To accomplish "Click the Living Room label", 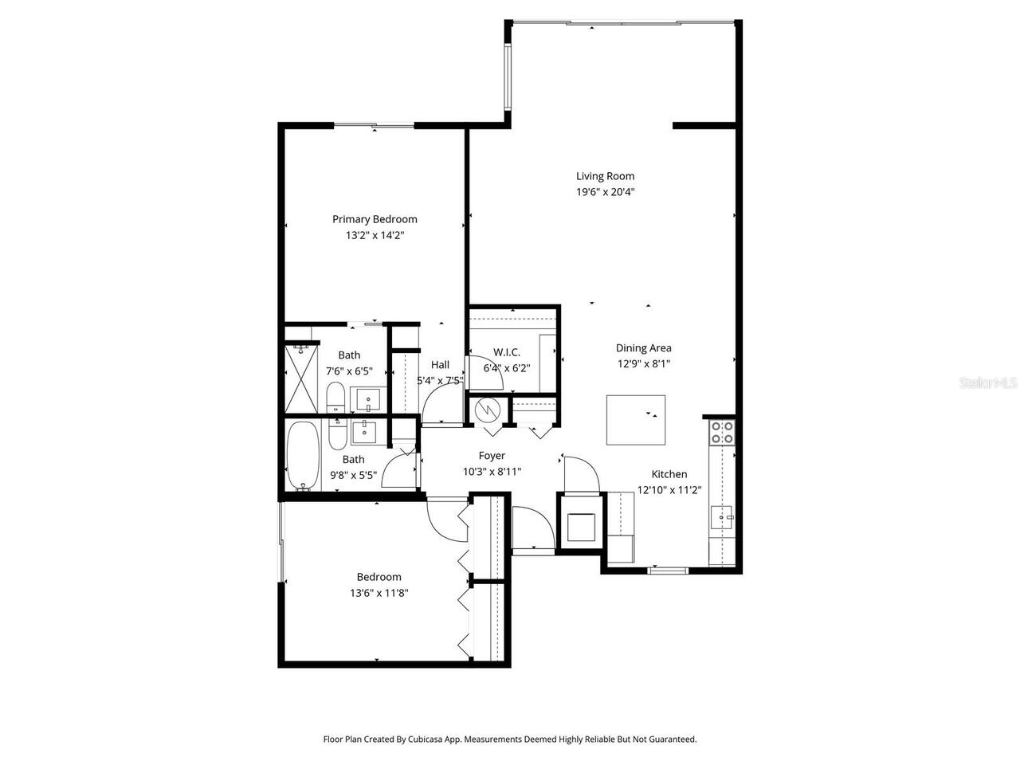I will (606, 176).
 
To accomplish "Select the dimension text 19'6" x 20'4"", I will (606, 192).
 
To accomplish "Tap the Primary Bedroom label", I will (375, 219).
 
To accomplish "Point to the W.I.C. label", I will (507, 352).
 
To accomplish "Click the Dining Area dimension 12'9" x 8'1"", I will (643, 363).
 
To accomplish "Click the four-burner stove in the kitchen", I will (722, 432).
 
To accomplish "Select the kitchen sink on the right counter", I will (723, 517).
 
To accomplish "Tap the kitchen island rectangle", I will (636, 419).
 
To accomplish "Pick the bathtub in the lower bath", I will (302, 455).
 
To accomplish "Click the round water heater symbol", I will (486, 410).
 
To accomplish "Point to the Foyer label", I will (492, 456).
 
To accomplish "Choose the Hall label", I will (440, 365).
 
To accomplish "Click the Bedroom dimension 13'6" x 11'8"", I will (379, 593).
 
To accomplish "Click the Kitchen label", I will (669, 474).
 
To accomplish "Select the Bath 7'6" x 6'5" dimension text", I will (349, 371).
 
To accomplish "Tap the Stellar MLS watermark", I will (988, 383).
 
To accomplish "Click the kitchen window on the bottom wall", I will (668, 570).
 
